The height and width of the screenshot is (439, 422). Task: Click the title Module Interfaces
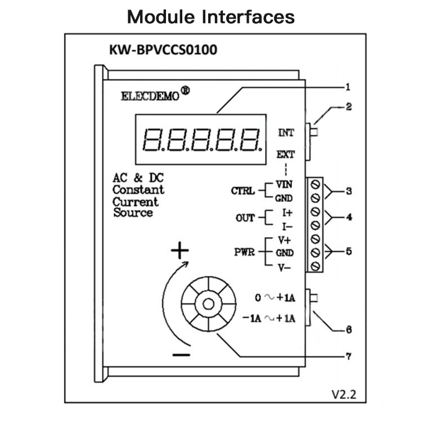point(211,16)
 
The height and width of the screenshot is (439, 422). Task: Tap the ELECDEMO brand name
point(150,96)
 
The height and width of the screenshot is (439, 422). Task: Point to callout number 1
point(348,87)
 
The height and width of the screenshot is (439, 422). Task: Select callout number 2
point(348,106)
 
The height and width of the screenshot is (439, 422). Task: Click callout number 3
point(348,191)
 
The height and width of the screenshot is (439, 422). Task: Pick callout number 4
point(348,216)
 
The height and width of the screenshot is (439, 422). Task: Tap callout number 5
point(348,251)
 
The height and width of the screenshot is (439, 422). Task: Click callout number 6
point(348,330)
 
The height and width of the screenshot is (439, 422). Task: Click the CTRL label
point(243,191)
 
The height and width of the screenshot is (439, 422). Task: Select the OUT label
point(245,218)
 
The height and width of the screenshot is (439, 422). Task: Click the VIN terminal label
point(283,184)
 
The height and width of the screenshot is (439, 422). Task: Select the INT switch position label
point(286,133)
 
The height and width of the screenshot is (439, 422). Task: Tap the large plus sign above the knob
point(179,251)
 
